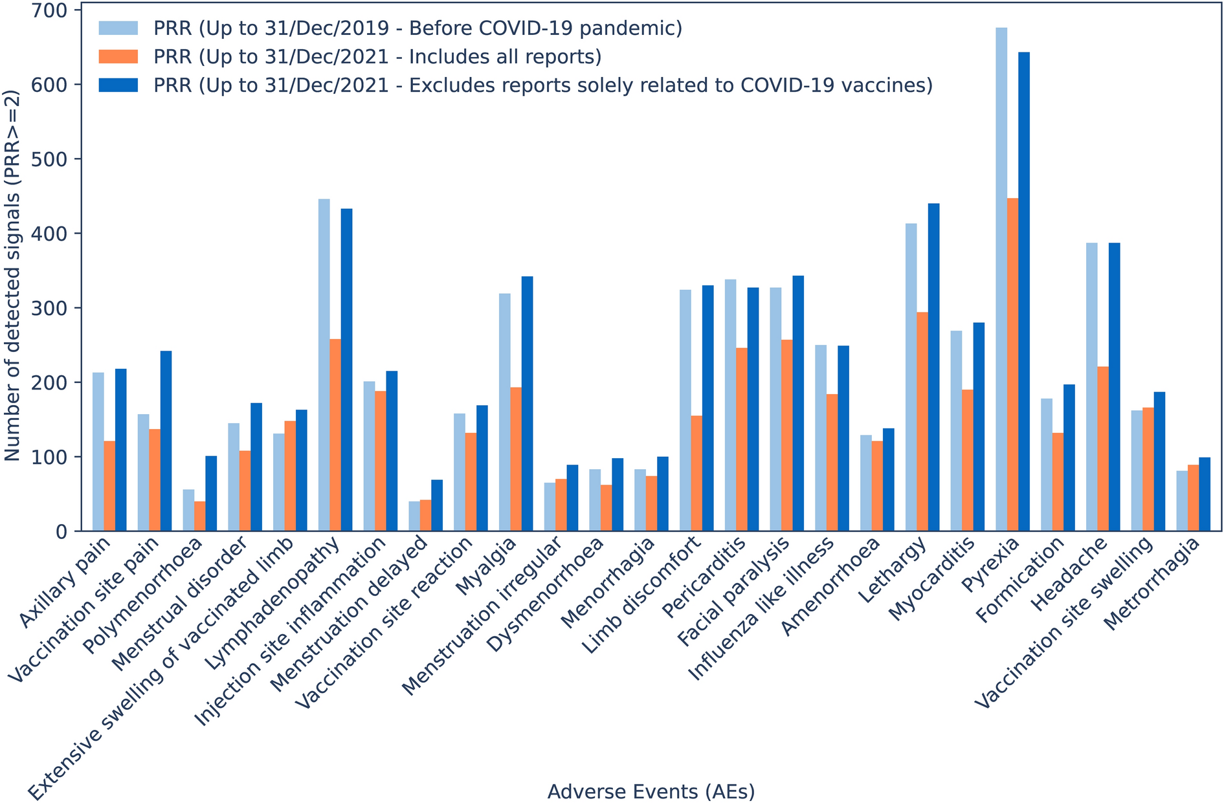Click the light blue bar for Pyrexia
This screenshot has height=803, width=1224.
[x=1001, y=280]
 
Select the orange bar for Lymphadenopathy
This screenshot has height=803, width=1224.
[x=335, y=435]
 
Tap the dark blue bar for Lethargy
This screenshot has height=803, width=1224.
[x=933, y=368]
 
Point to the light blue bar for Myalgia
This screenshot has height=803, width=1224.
[x=505, y=412]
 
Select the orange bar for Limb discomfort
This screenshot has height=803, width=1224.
[x=696, y=474]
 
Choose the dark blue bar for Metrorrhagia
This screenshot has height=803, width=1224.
[x=1205, y=494]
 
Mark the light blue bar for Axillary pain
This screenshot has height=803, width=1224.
[x=98, y=452]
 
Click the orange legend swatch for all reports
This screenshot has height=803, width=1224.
[x=118, y=57]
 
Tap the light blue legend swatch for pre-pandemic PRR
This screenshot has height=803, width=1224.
[x=118, y=28]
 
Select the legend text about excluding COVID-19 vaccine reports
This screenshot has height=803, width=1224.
[x=543, y=85]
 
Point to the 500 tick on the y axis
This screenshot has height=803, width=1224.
[x=78, y=159]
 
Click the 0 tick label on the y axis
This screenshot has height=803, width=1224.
[x=62, y=532]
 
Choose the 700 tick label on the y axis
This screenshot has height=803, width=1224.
[x=50, y=10]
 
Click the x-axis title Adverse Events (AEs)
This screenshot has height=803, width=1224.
[x=651, y=791]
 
